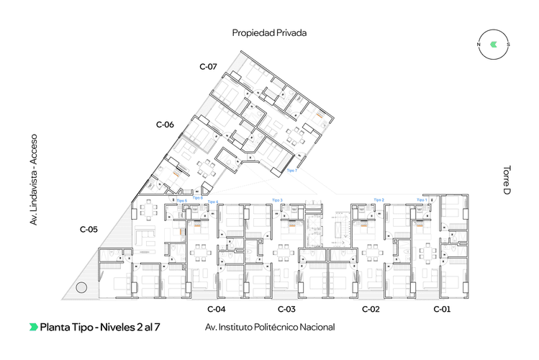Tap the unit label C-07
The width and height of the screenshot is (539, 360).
tap(208, 66)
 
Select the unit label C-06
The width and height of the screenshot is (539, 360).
tap(165, 125)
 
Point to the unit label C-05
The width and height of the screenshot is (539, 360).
tap(89, 230)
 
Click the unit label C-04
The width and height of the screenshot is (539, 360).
tap(217, 309)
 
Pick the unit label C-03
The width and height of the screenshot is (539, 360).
tap(286, 309)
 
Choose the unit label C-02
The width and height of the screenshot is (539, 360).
tap(371, 309)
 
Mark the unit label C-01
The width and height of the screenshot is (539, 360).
tap(442, 309)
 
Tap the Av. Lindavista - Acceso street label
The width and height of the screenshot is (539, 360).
tap(32, 179)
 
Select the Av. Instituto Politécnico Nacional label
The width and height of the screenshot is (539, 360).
tap(270, 327)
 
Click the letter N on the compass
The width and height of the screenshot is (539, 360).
tap(479, 44)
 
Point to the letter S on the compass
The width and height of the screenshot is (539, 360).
tap(508, 44)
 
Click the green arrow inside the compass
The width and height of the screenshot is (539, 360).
tap(493, 44)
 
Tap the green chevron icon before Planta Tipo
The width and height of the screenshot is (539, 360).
tap(33, 327)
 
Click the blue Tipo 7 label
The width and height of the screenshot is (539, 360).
tap(291, 171)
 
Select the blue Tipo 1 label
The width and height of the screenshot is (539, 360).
tap(421, 199)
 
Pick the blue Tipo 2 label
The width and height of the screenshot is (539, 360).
tap(379, 199)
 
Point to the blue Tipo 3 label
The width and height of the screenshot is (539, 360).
tap(277, 199)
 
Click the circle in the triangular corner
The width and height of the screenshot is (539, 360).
tap(81, 287)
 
